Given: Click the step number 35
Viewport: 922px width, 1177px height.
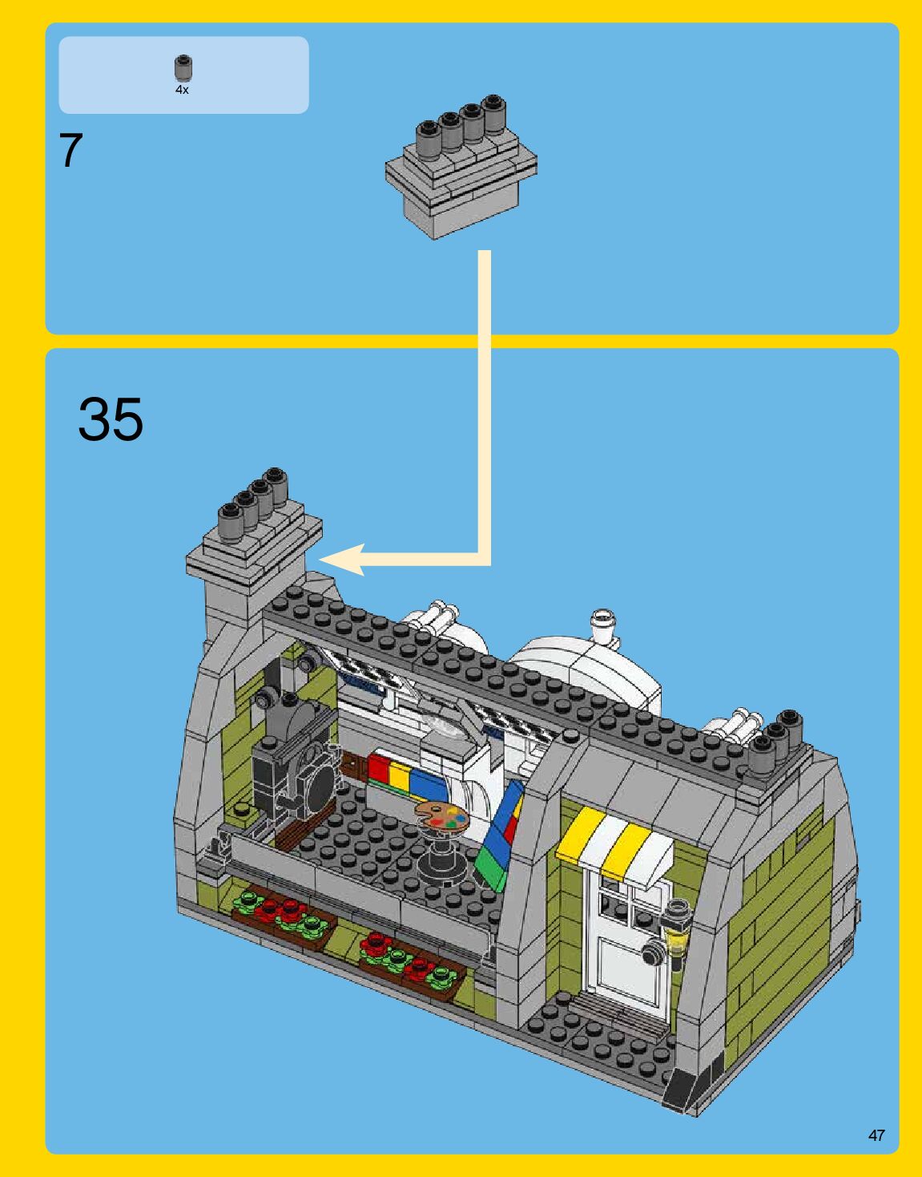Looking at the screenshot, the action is tap(111, 419).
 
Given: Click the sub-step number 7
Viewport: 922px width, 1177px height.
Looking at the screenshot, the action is tap(70, 150).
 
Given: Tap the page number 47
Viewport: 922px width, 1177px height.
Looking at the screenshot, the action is tap(876, 1135).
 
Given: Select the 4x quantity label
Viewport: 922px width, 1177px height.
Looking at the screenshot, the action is tap(182, 91).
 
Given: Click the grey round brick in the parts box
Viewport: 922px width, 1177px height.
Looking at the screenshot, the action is tap(183, 69).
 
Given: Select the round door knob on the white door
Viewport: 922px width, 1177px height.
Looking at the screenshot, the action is tap(653, 953).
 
